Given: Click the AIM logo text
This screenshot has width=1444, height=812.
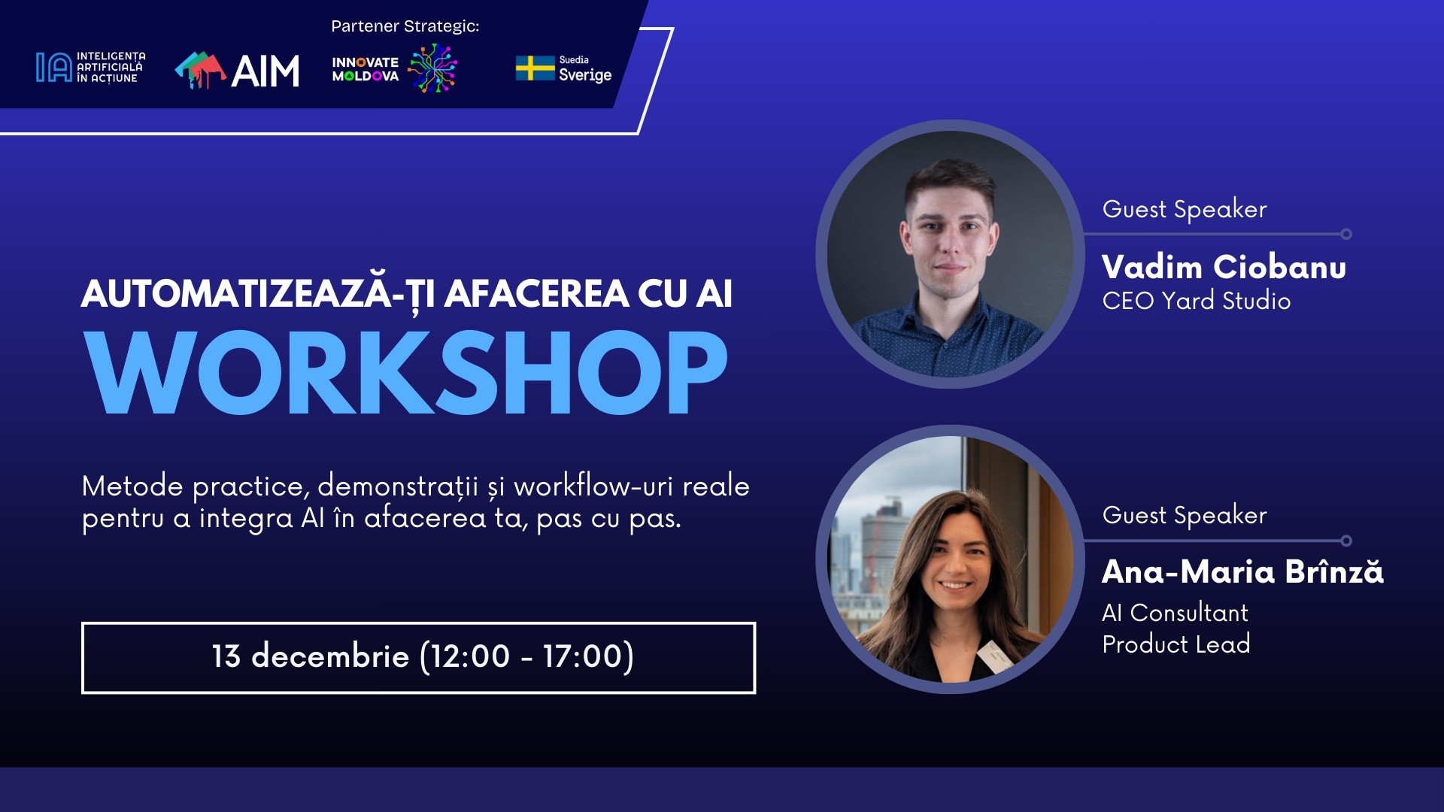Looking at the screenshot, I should (x=265, y=71).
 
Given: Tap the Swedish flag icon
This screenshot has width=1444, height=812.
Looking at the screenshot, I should (x=535, y=68).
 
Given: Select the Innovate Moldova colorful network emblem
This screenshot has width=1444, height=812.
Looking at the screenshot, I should (x=432, y=68).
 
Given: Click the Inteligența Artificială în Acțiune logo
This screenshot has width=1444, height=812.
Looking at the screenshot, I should (x=90, y=68).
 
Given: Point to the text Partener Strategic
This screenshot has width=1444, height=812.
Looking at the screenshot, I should (x=405, y=26).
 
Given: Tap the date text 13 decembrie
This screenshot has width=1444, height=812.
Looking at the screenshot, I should (x=310, y=656).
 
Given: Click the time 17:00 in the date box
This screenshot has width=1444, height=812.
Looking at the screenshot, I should (x=583, y=656).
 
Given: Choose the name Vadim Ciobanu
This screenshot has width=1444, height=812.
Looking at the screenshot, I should (x=1224, y=268).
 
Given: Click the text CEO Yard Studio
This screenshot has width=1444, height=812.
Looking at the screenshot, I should (x=1196, y=301).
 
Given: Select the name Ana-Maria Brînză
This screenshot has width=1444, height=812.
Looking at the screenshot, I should (x=1242, y=572).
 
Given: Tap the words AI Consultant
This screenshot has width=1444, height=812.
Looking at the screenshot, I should (x=1175, y=613).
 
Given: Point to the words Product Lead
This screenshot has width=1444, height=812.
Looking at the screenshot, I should (x=1176, y=644).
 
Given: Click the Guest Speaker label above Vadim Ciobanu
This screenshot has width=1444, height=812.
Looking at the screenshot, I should (x=1185, y=209).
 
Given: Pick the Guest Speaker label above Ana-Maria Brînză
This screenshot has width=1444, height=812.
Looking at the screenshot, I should (x=1185, y=515).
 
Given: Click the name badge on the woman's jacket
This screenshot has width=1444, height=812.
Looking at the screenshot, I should (x=995, y=655).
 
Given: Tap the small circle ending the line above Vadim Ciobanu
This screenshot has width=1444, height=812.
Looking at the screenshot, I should (x=1346, y=235).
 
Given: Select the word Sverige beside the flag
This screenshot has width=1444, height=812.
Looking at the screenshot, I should (x=585, y=75).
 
